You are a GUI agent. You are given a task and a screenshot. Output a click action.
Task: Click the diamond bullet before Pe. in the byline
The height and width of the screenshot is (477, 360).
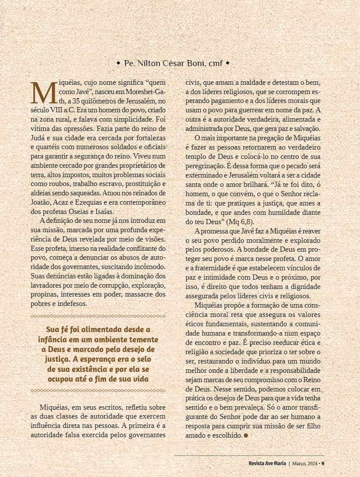coord(118,63)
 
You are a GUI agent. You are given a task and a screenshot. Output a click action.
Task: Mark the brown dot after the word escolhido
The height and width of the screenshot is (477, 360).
coord(246,435)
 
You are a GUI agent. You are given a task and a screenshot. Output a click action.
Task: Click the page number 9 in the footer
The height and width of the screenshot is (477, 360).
coord(323,463)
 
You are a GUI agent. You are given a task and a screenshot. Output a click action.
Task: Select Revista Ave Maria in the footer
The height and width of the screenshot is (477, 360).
coord(267,463)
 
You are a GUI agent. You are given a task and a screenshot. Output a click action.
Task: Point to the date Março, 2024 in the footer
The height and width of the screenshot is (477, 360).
coord(304,463)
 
